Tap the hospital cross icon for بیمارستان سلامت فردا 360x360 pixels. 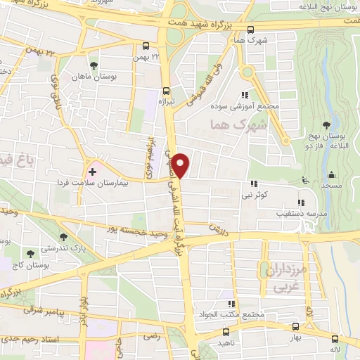92,171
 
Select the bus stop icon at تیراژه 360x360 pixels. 166,90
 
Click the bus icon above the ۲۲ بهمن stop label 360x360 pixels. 146,45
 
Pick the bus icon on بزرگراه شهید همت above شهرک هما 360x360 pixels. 251,29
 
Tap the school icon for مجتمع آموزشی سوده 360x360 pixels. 245,95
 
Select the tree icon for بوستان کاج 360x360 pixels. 30,251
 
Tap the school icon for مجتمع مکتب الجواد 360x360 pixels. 230,304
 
